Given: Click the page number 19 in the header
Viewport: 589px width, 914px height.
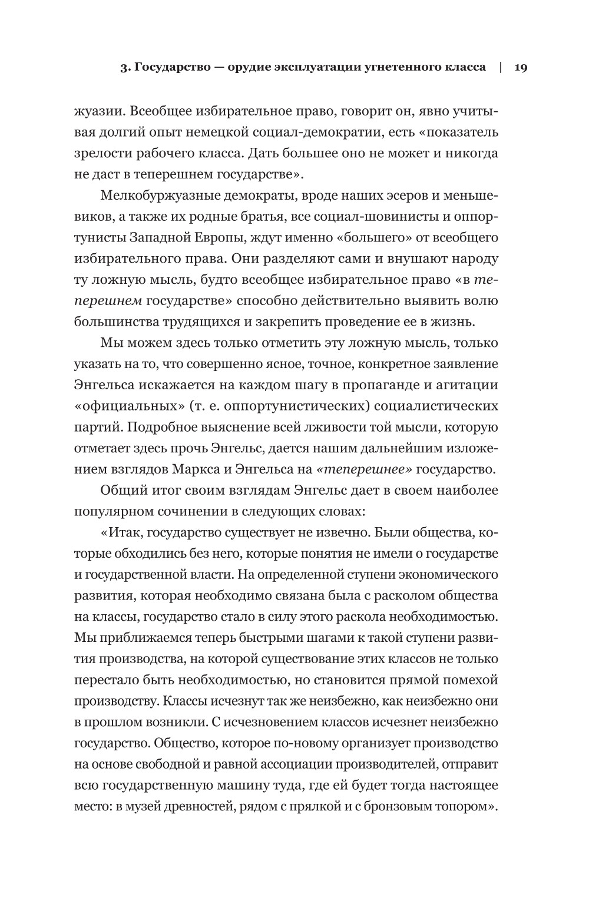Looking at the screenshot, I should pyautogui.click(x=521, y=67).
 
